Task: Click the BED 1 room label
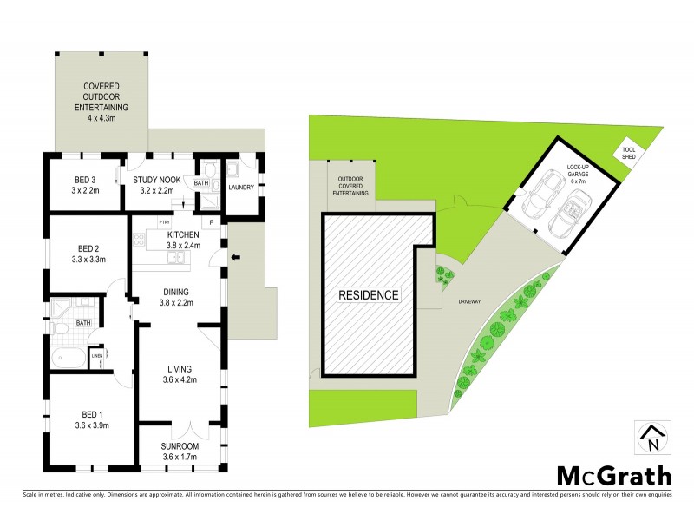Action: [90, 419]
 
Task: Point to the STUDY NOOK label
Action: [157, 185]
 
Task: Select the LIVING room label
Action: [181, 373]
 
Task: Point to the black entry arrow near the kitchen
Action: [234, 257]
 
